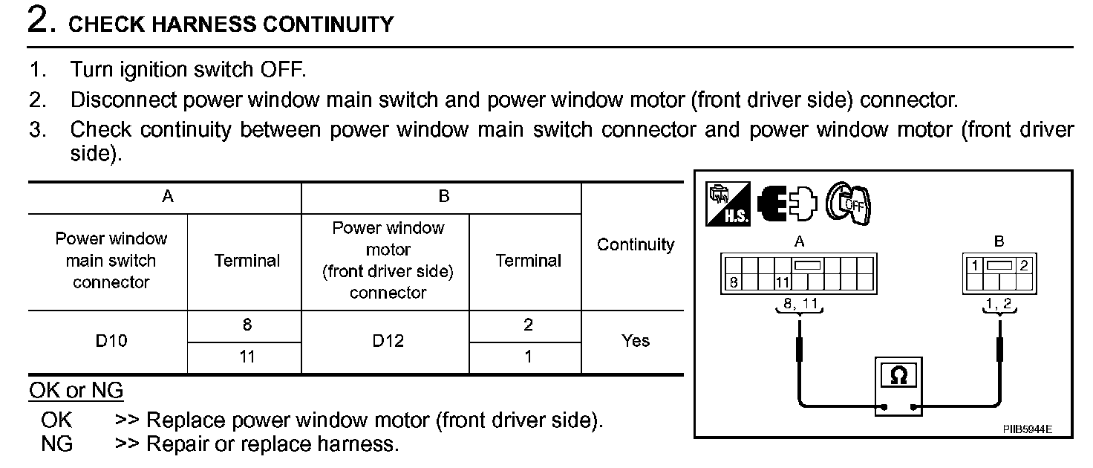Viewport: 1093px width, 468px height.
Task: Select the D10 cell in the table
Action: pos(111,341)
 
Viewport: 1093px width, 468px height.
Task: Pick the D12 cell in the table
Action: pos(388,341)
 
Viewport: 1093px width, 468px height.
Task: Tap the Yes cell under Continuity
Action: pos(636,341)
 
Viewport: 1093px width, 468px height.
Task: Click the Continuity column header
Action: pos(636,244)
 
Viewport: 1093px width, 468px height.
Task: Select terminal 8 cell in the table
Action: pos(247,325)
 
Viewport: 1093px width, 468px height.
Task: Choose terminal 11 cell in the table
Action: pos(247,357)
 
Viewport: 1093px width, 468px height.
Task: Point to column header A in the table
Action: pos(168,197)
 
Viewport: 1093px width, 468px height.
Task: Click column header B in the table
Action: pos(444,197)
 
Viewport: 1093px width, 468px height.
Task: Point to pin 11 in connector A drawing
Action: pos(783,282)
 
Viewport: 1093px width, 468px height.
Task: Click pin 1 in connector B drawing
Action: pos(973,264)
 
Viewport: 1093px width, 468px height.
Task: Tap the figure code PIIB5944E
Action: pos(1028,430)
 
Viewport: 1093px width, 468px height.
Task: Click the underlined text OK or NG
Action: pos(76,390)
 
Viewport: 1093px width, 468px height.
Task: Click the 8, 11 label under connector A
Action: pos(799,304)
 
